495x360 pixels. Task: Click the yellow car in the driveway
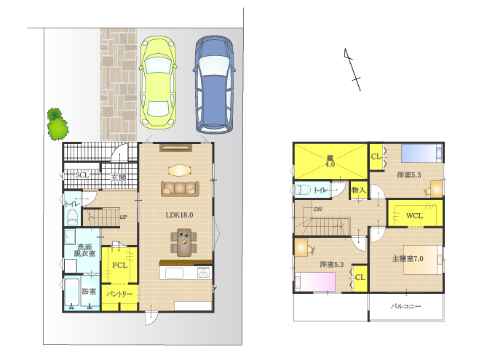[158, 82]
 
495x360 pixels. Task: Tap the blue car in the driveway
[214, 84]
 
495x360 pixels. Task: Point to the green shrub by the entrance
[58, 124]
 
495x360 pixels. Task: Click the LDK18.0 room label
[179, 215]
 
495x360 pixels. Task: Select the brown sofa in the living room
[180, 188]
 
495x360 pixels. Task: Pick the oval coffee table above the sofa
[179, 170]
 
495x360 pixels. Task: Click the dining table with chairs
[183, 242]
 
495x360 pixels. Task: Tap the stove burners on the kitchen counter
[203, 272]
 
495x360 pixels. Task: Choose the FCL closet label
[120, 265]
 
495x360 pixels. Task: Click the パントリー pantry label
[119, 294]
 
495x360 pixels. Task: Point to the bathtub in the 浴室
[71, 293]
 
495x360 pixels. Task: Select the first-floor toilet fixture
[73, 217]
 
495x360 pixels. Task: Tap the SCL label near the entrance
[82, 175]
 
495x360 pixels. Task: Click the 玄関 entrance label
[119, 177]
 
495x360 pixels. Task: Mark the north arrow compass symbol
[352, 70]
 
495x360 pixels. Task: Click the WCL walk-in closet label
[414, 216]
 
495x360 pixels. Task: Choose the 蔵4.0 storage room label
[330, 161]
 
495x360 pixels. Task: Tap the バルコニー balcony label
[406, 306]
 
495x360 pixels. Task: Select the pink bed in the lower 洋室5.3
[315, 282]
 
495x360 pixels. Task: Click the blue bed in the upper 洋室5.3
[421, 153]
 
